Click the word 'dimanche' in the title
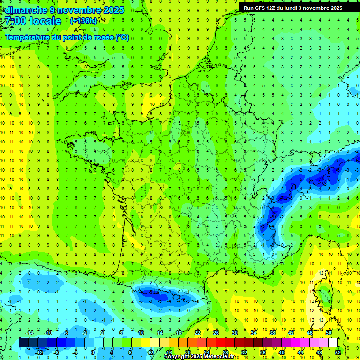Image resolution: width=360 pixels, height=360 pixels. (x=23, y=10)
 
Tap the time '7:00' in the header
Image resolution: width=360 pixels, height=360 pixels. (x=15, y=21)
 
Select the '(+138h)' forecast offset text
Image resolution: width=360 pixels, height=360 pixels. (x=83, y=21)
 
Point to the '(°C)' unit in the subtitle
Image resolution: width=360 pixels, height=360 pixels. (x=122, y=37)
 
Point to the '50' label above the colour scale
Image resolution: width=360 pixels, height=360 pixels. (x=328, y=333)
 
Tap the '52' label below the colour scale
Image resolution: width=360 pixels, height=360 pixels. (x=338, y=352)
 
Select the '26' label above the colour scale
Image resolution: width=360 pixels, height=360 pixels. (x=216, y=333)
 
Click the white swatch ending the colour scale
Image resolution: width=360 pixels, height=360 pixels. (x=333, y=343)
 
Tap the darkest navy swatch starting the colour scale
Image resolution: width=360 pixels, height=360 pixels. (x=23, y=343)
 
